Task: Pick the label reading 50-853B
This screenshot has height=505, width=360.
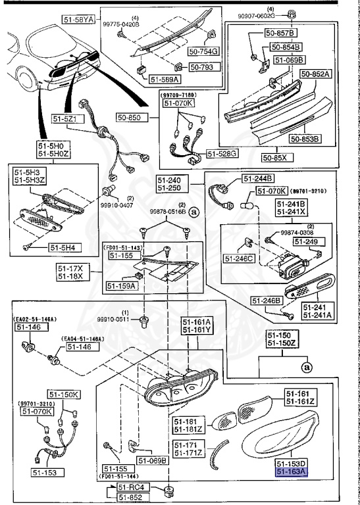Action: (303, 139)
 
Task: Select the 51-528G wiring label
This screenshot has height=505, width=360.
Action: (222, 153)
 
